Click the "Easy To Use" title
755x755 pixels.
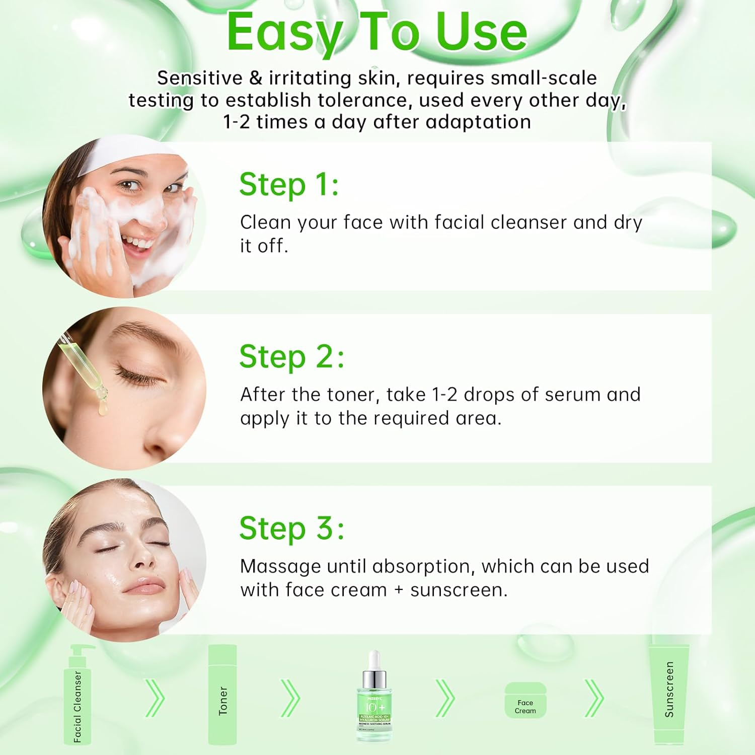click(x=376, y=32)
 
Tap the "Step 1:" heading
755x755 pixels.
click(x=289, y=184)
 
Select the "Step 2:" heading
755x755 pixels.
click(x=291, y=357)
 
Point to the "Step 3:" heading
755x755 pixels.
click(x=291, y=528)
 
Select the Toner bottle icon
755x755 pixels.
click(x=222, y=695)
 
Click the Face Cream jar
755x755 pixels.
click(x=525, y=700)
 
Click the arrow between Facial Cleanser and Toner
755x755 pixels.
click(x=155, y=698)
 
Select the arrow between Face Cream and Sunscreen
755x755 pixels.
click(x=593, y=698)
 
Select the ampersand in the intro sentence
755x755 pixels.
click(x=256, y=79)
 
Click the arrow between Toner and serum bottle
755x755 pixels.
click(x=290, y=698)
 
